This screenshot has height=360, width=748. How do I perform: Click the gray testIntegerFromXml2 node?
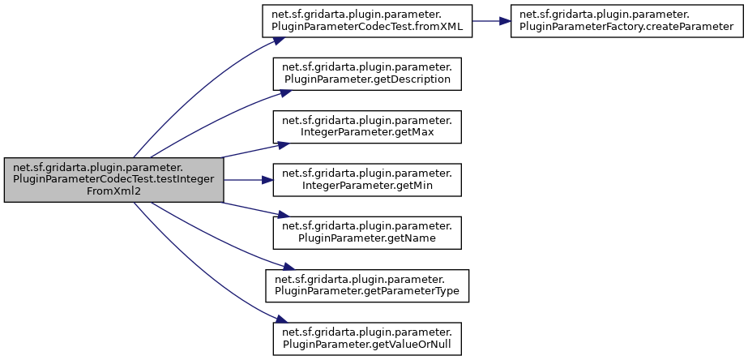tap(113, 179)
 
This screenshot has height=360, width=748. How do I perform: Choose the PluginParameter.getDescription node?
tap(367, 73)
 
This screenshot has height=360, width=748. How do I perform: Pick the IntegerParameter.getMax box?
tap(367, 126)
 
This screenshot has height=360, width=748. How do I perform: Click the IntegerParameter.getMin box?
tap(367, 179)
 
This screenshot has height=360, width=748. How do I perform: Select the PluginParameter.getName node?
tap(367, 232)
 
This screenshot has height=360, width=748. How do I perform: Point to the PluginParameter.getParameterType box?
tap(367, 285)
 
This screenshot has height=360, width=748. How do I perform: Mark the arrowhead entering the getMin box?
tap(268, 179)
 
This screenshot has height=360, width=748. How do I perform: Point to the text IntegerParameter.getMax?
tap(367, 132)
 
